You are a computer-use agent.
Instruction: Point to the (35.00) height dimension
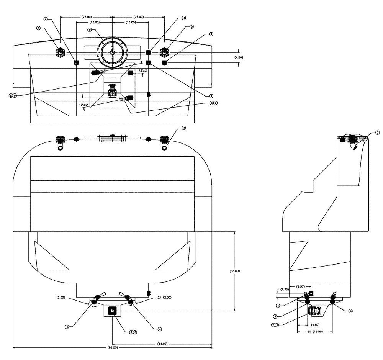click(234, 271)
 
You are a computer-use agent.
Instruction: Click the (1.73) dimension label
click(284, 289)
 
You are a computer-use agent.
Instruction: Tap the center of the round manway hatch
click(112, 52)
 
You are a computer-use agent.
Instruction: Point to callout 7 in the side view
click(377, 133)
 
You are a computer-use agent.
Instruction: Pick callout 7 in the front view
click(183, 128)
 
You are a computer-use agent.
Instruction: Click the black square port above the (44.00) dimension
click(112, 311)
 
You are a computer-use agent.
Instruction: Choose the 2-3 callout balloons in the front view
click(133, 332)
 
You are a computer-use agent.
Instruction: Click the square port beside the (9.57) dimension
click(311, 293)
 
